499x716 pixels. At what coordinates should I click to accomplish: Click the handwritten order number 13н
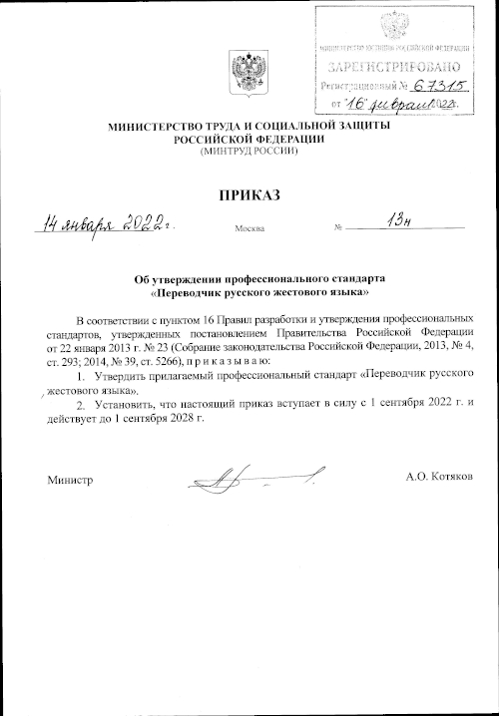point(396,221)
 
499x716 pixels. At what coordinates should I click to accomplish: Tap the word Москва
point(249,228)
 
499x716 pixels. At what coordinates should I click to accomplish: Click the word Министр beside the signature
point(70,481)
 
